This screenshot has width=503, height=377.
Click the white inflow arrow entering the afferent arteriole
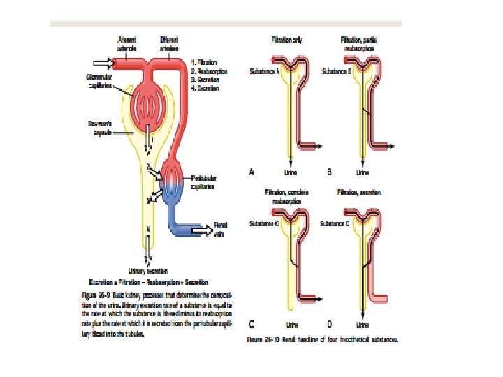coord(102,61)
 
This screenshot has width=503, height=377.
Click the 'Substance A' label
coord(265,71)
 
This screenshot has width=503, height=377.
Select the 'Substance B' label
coord(334,71)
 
